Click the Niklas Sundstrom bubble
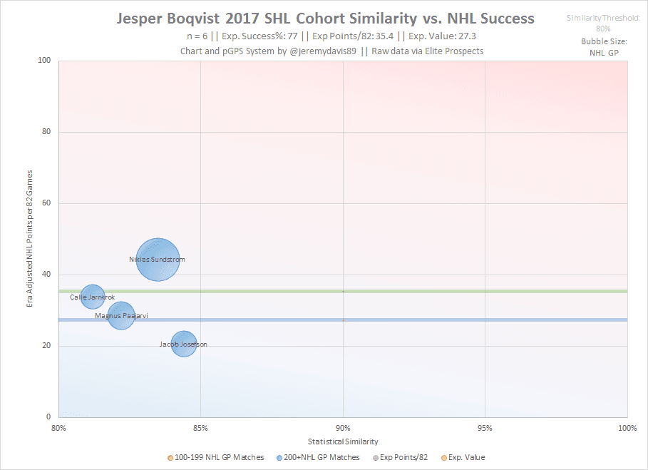[x=158, y=260]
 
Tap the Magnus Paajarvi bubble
[x=122, y=315]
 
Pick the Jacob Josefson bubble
[x=184, y=344]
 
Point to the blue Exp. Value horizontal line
[x=428, y=320]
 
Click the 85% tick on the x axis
[x=200, y=428]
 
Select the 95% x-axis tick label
[x=485, y=428]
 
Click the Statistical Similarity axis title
[x=343, y=442]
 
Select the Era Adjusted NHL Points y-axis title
[x=30, y=239]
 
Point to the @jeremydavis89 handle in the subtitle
[x=324, y=52]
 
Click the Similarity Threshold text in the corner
[x=603, y=17]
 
